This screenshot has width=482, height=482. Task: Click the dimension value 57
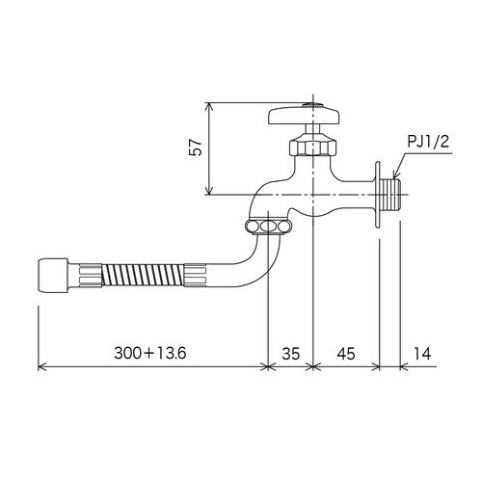pos(196,147)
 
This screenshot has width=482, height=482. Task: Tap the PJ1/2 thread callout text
pos(428,142)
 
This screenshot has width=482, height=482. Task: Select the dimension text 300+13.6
pos(150,354)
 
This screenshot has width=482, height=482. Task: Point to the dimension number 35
pos(291,354)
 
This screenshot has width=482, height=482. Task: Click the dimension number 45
pos(346,354)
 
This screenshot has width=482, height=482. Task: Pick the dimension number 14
pos(421,354)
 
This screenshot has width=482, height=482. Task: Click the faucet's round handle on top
pos(304,116)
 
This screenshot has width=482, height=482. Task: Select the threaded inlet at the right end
pos(390,195)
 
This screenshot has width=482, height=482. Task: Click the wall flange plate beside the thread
pos(377,195)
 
